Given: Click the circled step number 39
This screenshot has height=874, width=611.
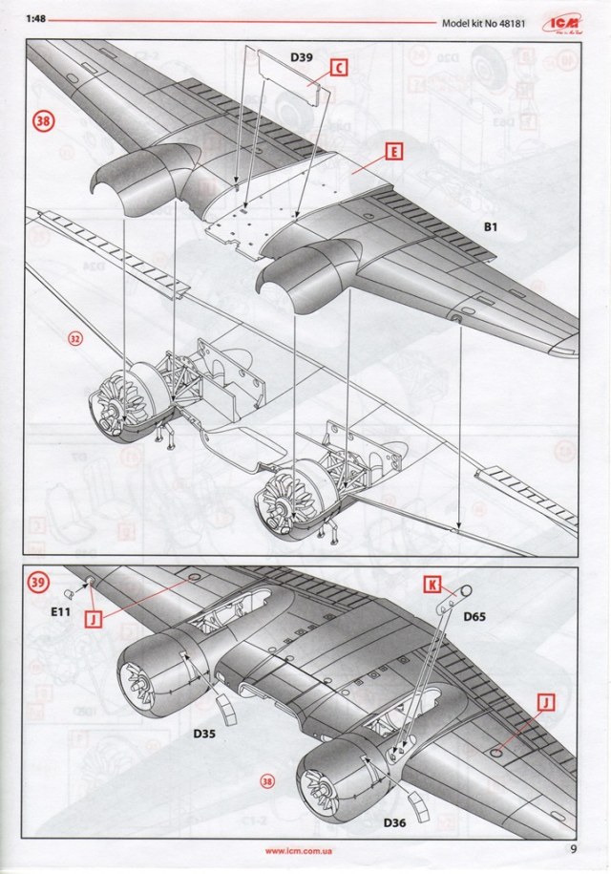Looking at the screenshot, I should [x=39, y=583].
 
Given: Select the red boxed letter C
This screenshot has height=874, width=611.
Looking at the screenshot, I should [x=338, y=68].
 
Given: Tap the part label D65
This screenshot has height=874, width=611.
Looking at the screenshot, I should [x=474, y=617].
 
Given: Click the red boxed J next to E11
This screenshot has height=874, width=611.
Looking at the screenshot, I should [x=95, y=619].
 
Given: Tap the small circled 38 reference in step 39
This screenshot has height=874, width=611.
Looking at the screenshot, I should [x=266, y=780].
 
